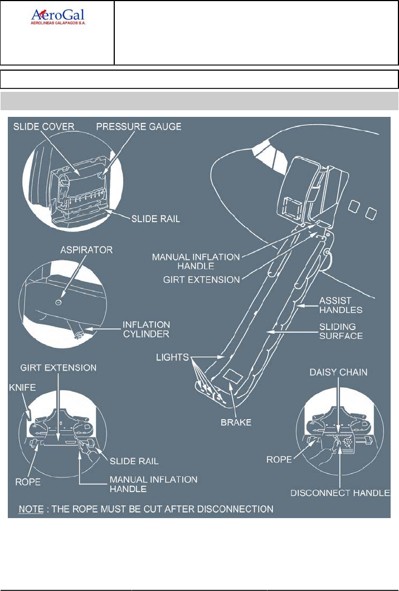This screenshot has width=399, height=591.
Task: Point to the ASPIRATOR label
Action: tap(86, 250)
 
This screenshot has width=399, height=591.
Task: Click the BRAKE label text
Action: tap(237, 423)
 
